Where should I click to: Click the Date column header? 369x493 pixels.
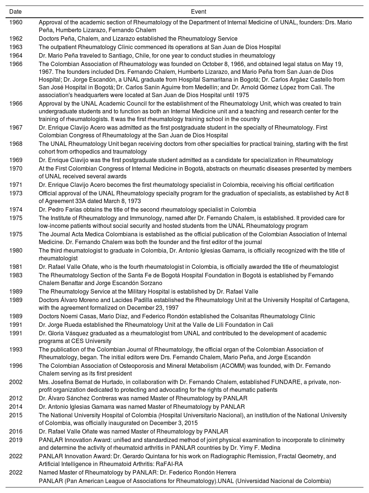[15, 12]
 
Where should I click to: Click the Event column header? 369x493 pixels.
[199, 12]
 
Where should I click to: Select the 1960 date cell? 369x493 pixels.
[16, 23]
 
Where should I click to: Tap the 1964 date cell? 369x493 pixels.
[16, 56]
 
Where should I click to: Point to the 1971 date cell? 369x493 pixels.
[16, 185]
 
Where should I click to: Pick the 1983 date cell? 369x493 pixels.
[16, 275]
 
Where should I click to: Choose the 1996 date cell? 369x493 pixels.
[16, 366]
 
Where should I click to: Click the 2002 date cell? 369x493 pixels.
[16, 382]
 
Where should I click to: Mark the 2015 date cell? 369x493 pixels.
[16, 415]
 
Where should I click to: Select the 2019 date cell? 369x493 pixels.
[16, 440]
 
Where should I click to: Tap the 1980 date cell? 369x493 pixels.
[16, 251]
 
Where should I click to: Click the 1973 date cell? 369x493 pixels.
[16, 194]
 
